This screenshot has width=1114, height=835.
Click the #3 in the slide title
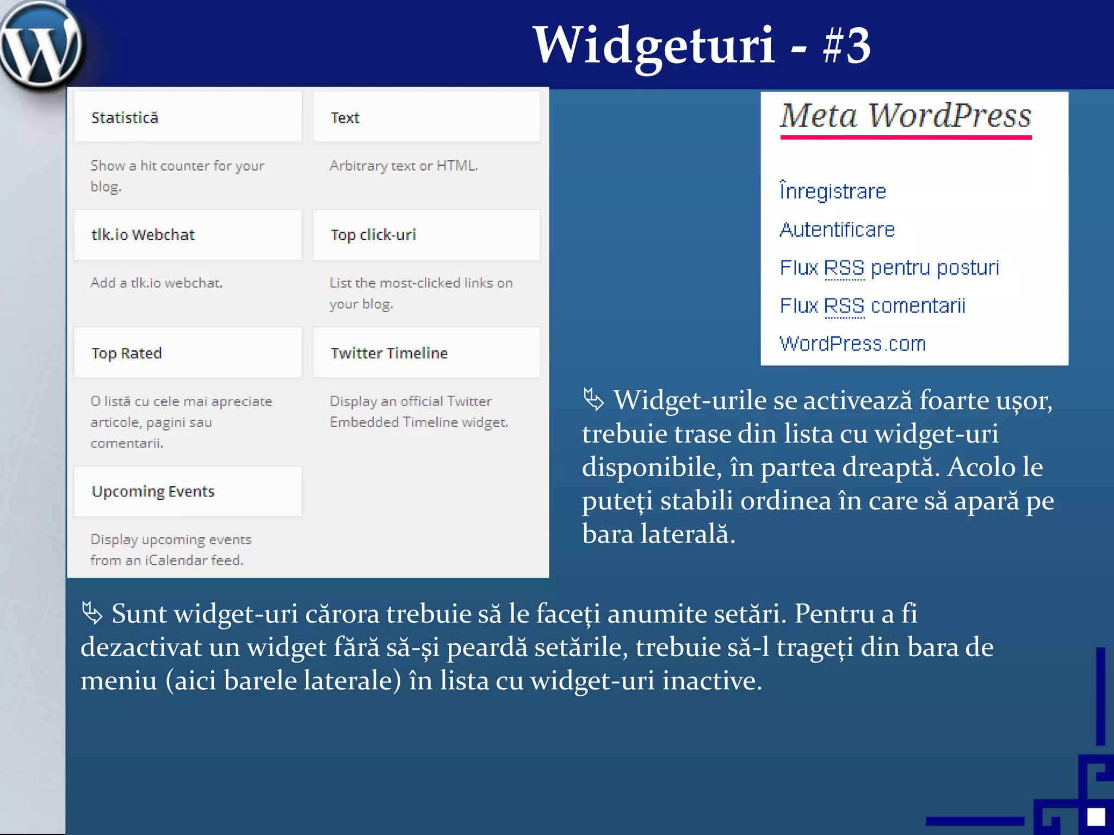tap(846, 46)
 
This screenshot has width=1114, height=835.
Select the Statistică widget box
tap(188, 117)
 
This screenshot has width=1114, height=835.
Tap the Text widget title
tap(345, 118)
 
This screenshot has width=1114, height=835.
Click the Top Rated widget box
tap(188, 353)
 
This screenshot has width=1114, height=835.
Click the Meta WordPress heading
tap(906, 115)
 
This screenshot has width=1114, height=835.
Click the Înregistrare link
tap(833, 191)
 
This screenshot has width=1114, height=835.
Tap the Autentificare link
tap(837, 229)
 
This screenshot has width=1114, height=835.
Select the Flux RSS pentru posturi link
tap(889, 267)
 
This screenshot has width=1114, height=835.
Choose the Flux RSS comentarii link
tap(872, 306)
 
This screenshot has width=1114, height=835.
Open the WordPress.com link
tap(852, 344)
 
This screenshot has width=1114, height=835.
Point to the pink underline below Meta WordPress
tap(906, 138)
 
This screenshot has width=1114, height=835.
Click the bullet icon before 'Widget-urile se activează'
tap(593, 400)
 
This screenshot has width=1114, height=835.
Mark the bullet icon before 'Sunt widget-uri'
tap(92, 613)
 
